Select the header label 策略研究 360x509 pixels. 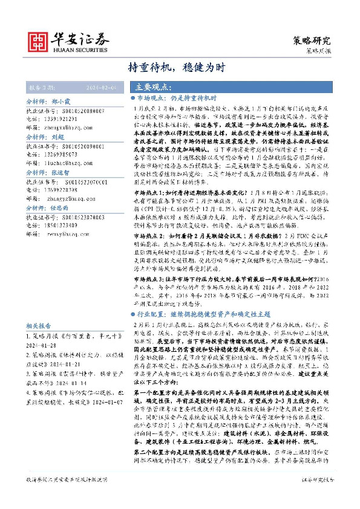point(311,41)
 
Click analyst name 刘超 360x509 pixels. point(58,137)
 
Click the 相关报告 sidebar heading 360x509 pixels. point(39,325)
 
